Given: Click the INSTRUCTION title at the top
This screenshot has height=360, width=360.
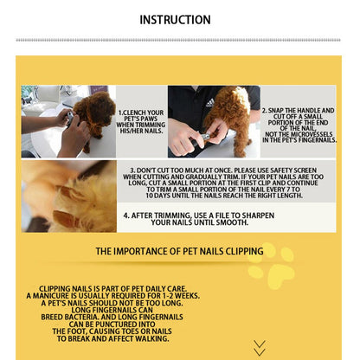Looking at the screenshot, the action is pos(175,20).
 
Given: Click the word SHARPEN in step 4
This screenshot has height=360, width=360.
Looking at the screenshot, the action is pos(258,215).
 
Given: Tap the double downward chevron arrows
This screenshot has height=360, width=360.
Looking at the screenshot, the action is pos(260,348).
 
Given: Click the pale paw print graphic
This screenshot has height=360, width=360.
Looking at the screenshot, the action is pos(271,266).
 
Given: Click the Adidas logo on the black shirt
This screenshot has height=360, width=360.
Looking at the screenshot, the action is pos(210,103).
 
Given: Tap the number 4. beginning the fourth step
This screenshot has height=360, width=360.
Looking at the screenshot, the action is pos(126,215).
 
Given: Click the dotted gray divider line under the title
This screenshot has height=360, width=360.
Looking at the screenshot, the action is pos(178,40).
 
